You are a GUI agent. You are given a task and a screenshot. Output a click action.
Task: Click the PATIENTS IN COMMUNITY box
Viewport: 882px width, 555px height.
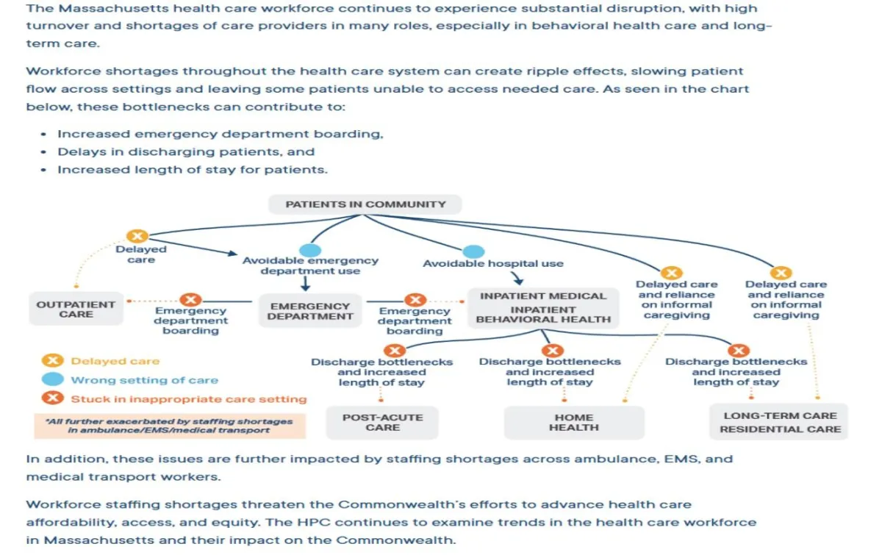[365, 204]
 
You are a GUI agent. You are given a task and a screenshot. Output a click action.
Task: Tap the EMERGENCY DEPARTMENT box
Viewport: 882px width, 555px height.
[310, 311]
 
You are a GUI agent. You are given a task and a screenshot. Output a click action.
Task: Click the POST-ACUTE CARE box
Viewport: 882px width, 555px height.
[382, 422]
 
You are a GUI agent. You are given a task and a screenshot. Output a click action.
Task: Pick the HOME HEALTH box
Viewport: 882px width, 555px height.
[574, 423]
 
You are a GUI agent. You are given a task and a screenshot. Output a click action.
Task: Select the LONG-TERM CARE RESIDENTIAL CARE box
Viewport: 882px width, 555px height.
[780, 422]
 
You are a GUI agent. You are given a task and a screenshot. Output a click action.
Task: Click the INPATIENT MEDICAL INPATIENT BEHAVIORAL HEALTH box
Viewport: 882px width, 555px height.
[543, 307]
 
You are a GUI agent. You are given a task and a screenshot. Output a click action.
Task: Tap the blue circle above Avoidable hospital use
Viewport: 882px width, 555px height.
[473, 252]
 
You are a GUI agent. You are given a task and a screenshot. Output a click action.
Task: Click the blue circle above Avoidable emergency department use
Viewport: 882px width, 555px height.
[310, 250]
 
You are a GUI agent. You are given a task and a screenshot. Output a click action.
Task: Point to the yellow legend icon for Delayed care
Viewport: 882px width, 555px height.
[51, 361]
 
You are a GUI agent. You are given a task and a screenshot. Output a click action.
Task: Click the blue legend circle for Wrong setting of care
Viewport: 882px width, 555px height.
[51, 380]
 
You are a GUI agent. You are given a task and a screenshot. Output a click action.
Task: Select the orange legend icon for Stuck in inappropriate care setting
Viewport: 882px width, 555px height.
[51, 399]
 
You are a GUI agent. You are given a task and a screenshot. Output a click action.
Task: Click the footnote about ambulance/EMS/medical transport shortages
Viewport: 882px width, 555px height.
[169, 426]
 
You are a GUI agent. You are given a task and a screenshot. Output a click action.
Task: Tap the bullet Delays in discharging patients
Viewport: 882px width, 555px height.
[186, 152]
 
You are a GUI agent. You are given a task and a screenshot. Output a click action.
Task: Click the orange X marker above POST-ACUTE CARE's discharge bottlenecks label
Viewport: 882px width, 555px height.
[395, 351]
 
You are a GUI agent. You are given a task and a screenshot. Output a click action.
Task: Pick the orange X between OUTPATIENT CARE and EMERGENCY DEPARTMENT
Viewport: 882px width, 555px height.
[191, 300]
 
